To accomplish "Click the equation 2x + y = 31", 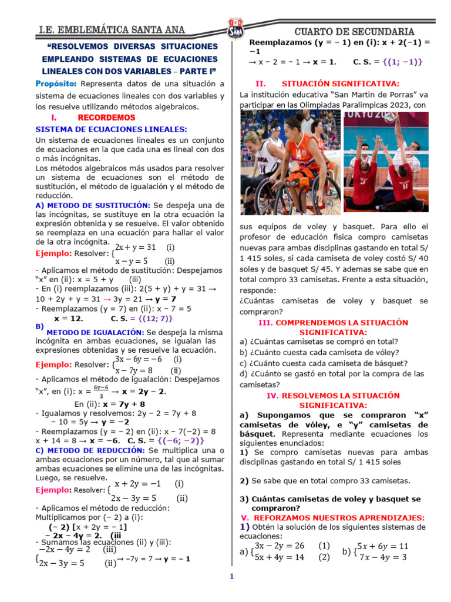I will [135, 248].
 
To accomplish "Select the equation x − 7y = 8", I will [134, 370].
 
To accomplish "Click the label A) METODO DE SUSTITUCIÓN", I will [93, 205].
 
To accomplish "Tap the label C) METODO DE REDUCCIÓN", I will [90, 450].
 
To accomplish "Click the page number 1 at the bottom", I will [231, 577].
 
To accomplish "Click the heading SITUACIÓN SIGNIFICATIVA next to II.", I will [341, 83].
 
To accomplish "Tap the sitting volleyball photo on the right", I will [386, 163].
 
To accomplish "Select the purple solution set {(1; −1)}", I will [402, 62].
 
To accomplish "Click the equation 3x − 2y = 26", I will [280, 546].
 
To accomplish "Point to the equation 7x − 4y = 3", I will [383, 557].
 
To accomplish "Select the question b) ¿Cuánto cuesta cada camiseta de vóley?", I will [319, 352].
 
